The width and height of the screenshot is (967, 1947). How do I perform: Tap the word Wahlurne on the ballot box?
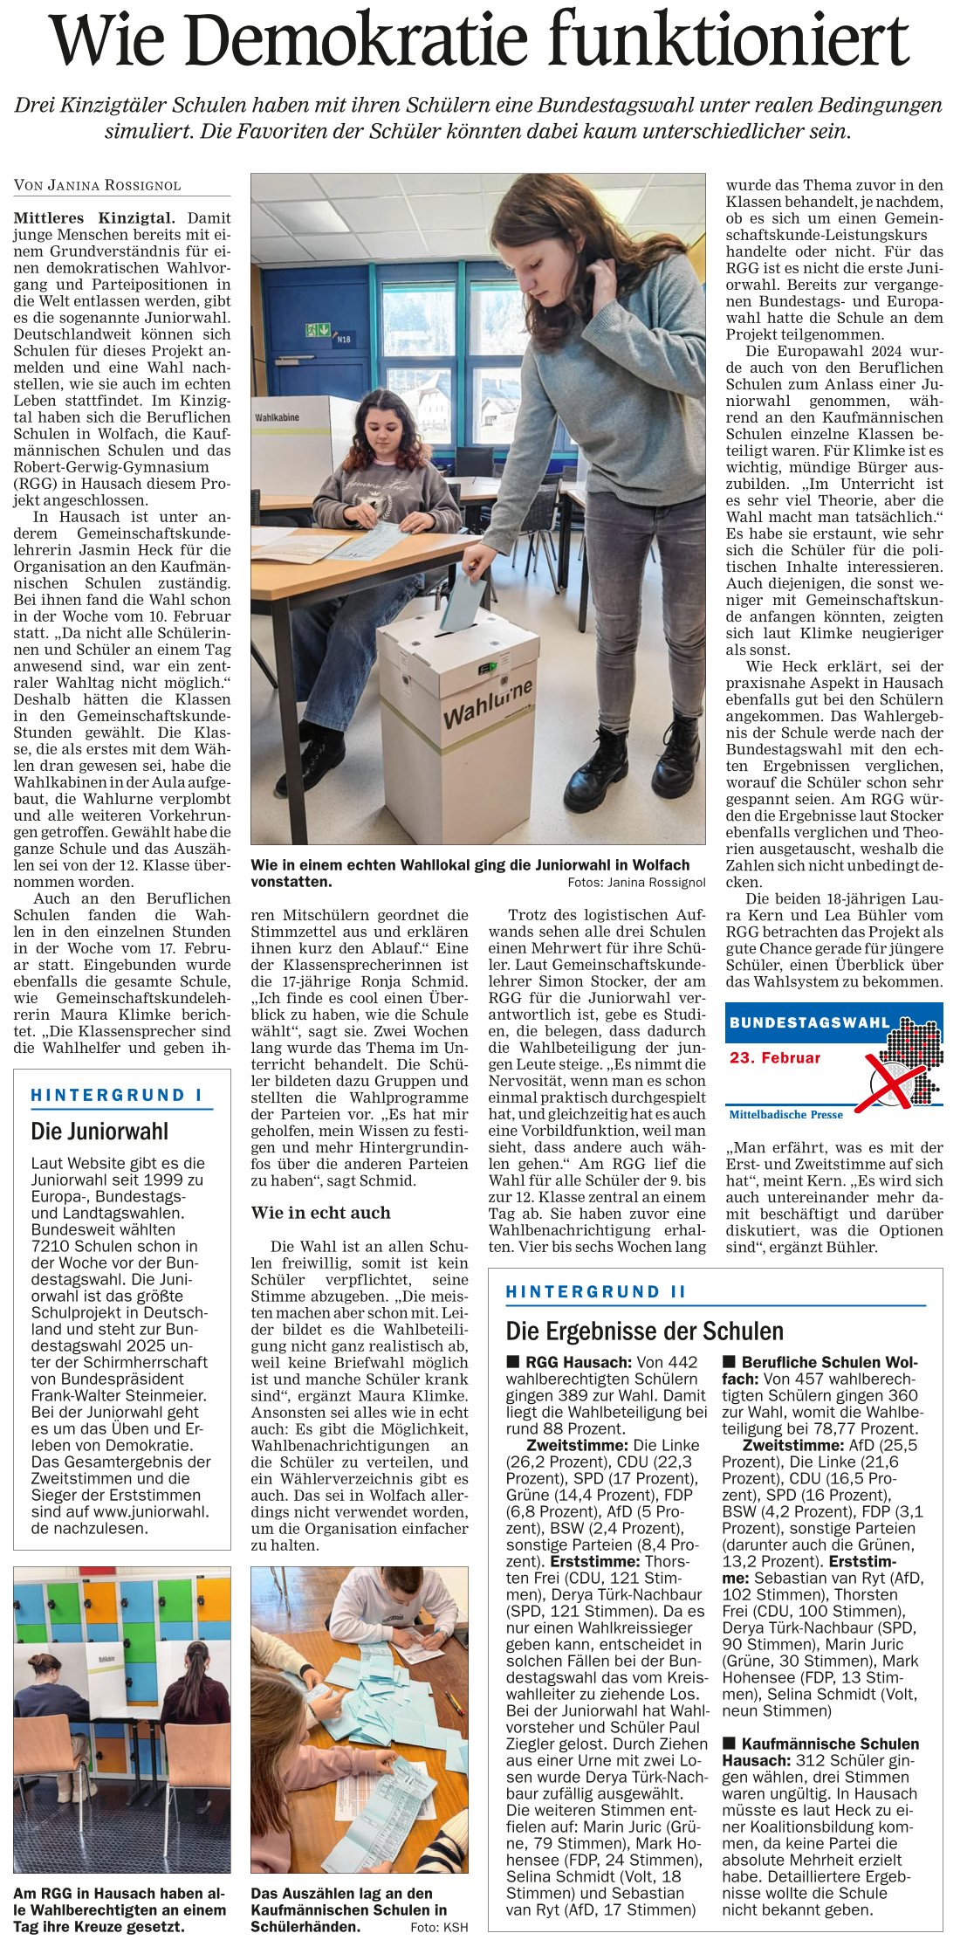(487, 704)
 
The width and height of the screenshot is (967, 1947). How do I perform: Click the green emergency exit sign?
(318, 330)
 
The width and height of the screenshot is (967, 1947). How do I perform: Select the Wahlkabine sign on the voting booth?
(277, 417)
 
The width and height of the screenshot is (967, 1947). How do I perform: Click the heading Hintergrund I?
(117, 1095)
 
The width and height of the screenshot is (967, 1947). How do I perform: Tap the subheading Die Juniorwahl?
(99, 1132)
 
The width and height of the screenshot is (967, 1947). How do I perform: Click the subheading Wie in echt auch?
(320, 1213)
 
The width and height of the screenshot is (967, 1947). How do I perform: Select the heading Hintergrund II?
(596, 1291)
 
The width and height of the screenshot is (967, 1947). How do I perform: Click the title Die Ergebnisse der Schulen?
(645, 1331)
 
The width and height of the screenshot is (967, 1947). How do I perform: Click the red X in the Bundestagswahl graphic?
(889, 1081)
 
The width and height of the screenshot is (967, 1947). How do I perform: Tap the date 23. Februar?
(775, 1057)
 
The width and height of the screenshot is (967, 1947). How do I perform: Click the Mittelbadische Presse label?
(786, 1114)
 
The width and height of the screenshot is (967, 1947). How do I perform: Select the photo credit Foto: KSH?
(439, 1927)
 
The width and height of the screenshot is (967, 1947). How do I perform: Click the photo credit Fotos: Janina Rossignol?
(636, 882)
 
